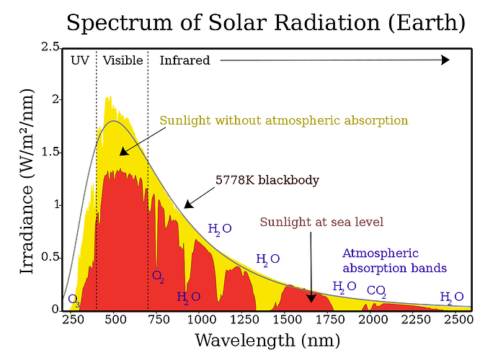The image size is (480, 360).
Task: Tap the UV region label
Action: pos(79,60)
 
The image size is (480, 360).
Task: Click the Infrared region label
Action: pos(185,60)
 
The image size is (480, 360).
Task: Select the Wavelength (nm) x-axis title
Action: pos(266,338)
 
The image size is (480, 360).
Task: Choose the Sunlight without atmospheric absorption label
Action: pos(284,120)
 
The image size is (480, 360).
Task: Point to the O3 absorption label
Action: pos(73,298)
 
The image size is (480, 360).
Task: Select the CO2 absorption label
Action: pos(376,291)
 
